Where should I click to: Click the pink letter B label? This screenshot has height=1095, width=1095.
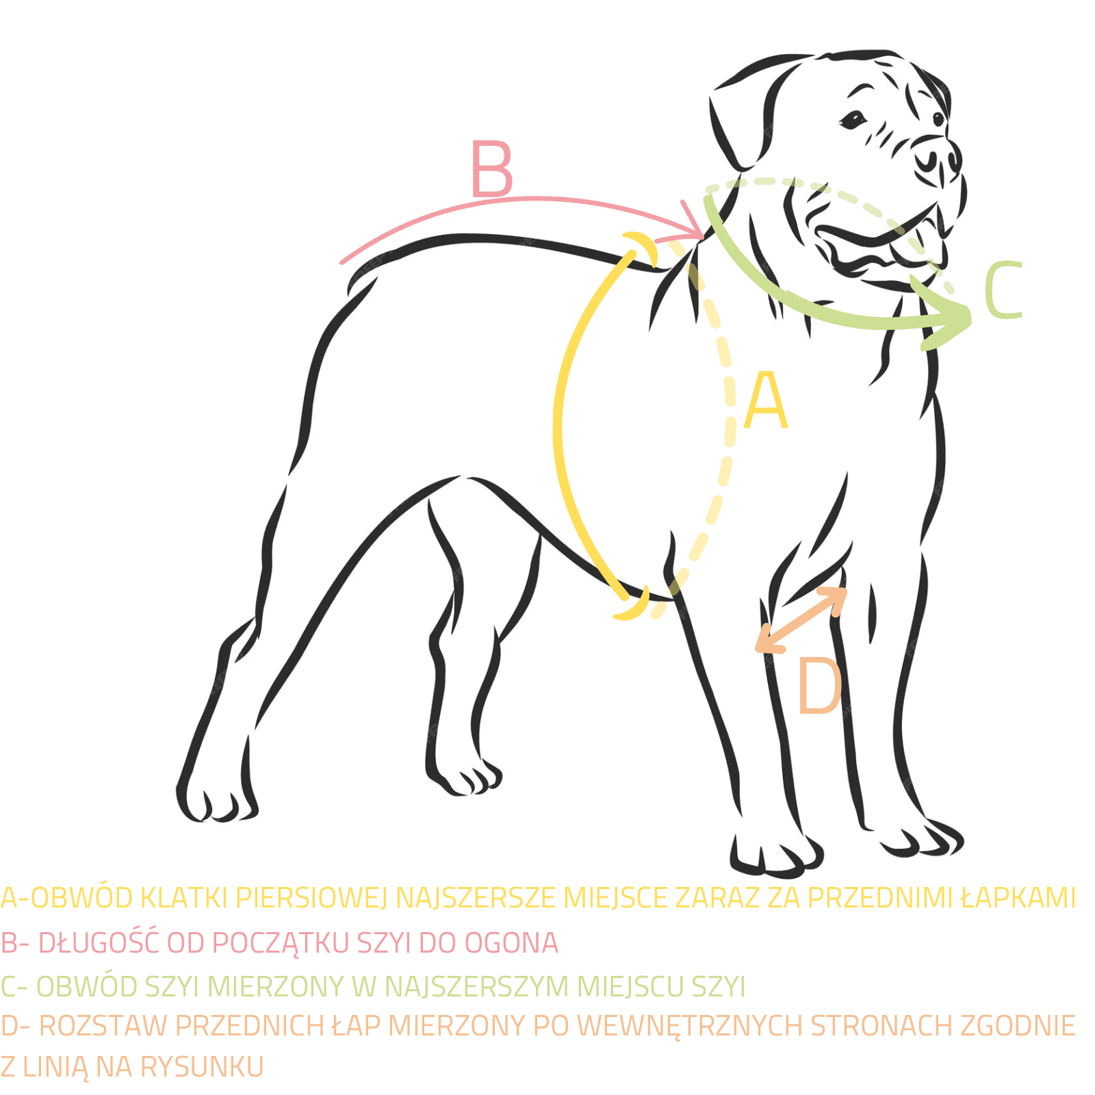point(492,168)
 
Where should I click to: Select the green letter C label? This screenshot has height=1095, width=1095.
point(1003,291)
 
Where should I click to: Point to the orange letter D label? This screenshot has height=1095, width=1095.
point(819,686)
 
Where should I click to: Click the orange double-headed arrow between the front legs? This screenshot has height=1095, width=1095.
point(801,619)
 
